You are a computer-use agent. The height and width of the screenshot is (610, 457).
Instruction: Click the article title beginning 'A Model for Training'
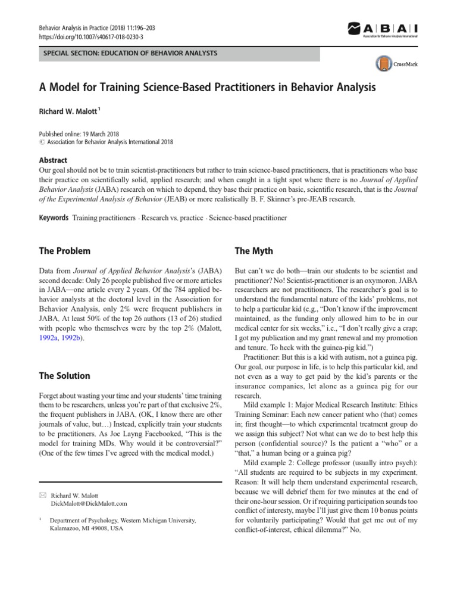pyautogui.click(x=207, y=87)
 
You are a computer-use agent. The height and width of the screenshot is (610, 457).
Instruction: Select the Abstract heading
pyautogui.click(x=52, y=160)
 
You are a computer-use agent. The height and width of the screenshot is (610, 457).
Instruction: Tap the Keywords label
pyautogui.click(x=53, y=218)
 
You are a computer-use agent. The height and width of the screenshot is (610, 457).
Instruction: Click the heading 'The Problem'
pyautogui.click(x=64, y=251)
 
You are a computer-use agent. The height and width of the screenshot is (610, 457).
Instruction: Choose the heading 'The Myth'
pyautogui.click(x=254, y=251)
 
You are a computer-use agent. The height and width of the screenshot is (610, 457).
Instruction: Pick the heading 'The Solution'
pyautogui.click(x=64, y=376)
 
